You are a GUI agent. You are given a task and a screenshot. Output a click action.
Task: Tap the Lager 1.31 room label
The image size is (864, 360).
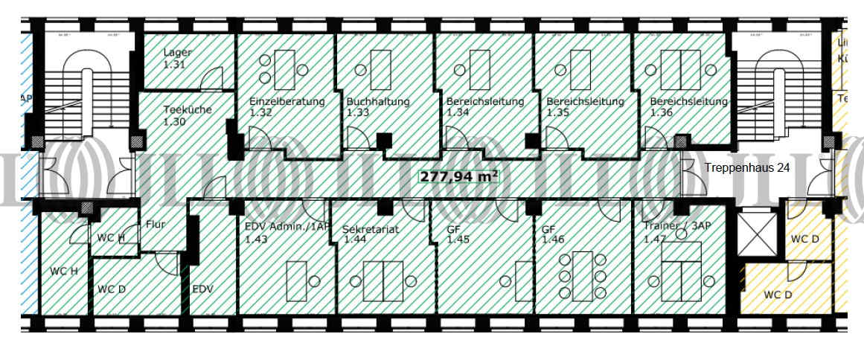click(x=178, y=59)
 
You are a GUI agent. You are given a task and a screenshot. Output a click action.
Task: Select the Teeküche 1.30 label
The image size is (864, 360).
click(x=187, y=115)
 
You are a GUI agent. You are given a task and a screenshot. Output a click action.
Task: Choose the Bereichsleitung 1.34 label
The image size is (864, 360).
click(x=484, y=107)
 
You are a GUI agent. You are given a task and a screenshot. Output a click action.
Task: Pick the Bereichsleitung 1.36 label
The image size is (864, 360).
click(x=688, y=107)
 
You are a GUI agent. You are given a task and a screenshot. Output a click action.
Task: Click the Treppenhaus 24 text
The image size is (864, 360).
click(x=746, y=168)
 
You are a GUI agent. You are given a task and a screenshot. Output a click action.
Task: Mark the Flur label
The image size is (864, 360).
click(x=156, y=224)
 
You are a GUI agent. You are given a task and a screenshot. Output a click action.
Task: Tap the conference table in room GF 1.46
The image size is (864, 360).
click(x=583, y=275)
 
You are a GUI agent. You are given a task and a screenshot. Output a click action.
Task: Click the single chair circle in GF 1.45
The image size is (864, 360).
click(x=506, y=281)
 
